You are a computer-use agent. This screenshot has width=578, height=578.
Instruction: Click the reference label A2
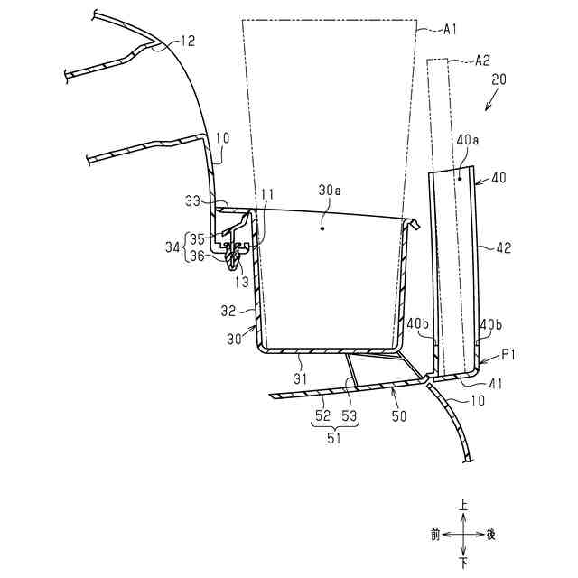[x=484, y=61]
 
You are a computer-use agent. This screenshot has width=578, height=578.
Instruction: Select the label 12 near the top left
[x=187, y=41]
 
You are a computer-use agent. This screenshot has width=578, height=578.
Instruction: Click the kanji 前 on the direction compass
[x=435, y=535]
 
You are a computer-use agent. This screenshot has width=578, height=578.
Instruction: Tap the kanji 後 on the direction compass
[x=491, y=535]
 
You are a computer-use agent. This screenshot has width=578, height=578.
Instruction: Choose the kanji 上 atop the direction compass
[x=463, y=508]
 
